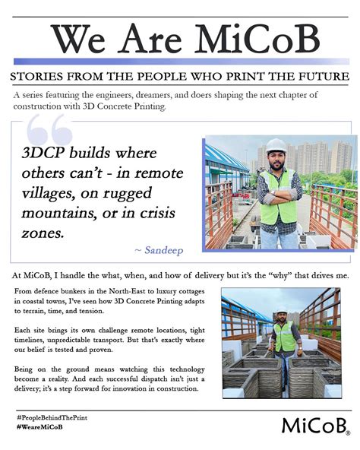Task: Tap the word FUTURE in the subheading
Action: click(x=322, y=77)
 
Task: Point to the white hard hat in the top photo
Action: click(x=275, y=145)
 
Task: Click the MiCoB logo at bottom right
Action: click(x=314, y=424)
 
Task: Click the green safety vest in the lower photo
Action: click(x=284, y=336)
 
